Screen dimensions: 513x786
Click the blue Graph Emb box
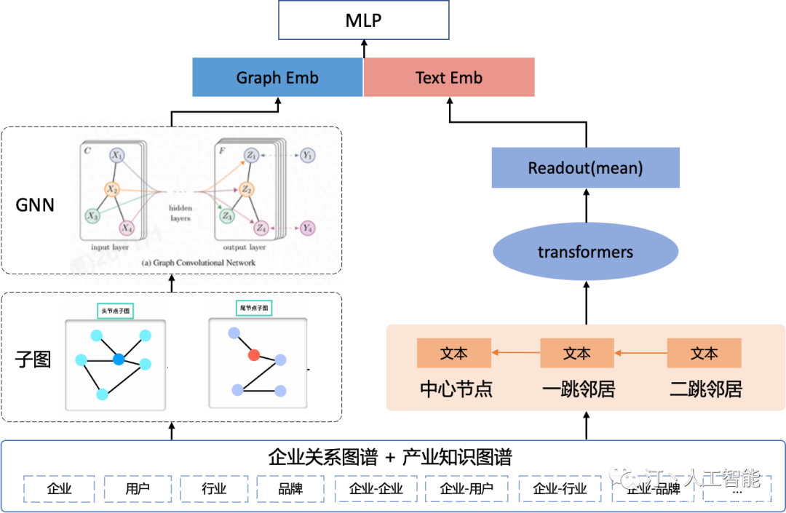point(277,78)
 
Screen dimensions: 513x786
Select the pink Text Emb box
point(449,78)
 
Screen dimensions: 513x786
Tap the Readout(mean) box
point(585,168)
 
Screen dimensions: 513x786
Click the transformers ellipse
point(585,252)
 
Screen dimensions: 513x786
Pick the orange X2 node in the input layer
point(112,189)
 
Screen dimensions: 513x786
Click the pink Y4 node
point(307,228)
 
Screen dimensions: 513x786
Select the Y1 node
point(307,155)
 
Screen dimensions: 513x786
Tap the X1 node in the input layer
point(117,156)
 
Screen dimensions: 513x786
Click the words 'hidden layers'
point(180,212)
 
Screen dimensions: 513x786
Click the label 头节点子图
point(115,311)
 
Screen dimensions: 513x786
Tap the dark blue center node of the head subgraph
point(119,359)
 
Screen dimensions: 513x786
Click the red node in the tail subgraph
point(254,355)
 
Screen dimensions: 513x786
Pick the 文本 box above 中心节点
point(453,353)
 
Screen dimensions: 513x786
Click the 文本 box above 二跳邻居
point(704,353)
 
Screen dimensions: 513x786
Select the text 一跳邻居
point(579,389)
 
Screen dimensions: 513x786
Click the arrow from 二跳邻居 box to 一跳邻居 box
point(640,353)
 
